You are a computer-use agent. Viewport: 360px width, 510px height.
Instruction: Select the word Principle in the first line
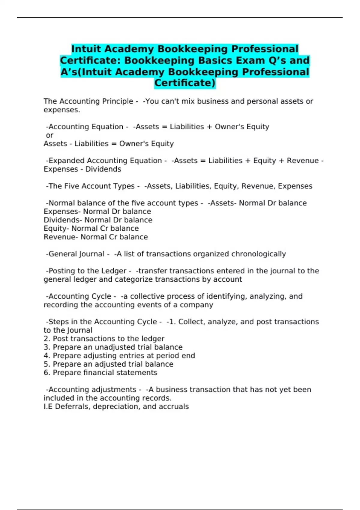(x=118, y=101)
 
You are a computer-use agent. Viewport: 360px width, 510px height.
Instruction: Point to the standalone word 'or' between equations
(x=49, y=135)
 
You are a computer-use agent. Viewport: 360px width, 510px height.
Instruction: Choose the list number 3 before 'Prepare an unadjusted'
(x=46, y=347)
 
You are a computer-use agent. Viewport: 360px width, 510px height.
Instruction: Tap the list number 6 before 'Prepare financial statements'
(x=46, y=373)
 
